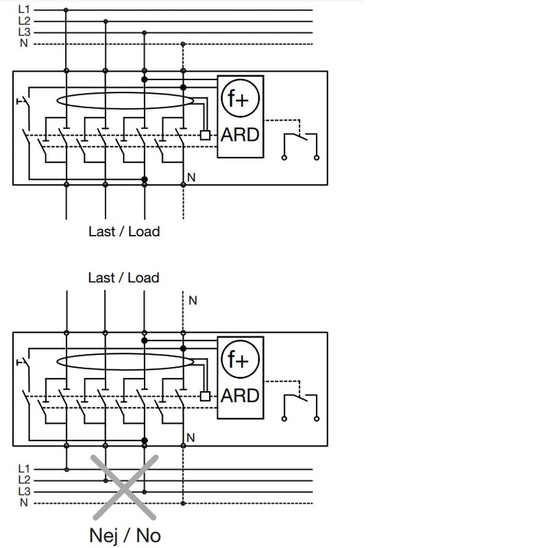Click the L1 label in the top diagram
click(24, 10)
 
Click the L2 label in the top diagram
click(24, 21)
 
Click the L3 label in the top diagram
click(24, 32)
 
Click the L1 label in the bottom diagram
click(24, 469)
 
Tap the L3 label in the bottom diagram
click(24, 492)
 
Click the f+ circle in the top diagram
click(239, 100)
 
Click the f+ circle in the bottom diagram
click(239, 360)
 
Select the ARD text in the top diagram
click(240, 135)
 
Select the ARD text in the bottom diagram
click(240, 395)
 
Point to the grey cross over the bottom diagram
click(125, 487)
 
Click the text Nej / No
click(125, 535)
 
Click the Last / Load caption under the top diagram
click(123, 232)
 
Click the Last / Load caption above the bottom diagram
click(123, 278)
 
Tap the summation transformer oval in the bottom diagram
click(125, 362)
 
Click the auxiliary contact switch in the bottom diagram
click(300, 403)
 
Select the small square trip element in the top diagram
click(205, 135)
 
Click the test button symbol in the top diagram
click(23, 102)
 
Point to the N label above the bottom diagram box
click(193, 301)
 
